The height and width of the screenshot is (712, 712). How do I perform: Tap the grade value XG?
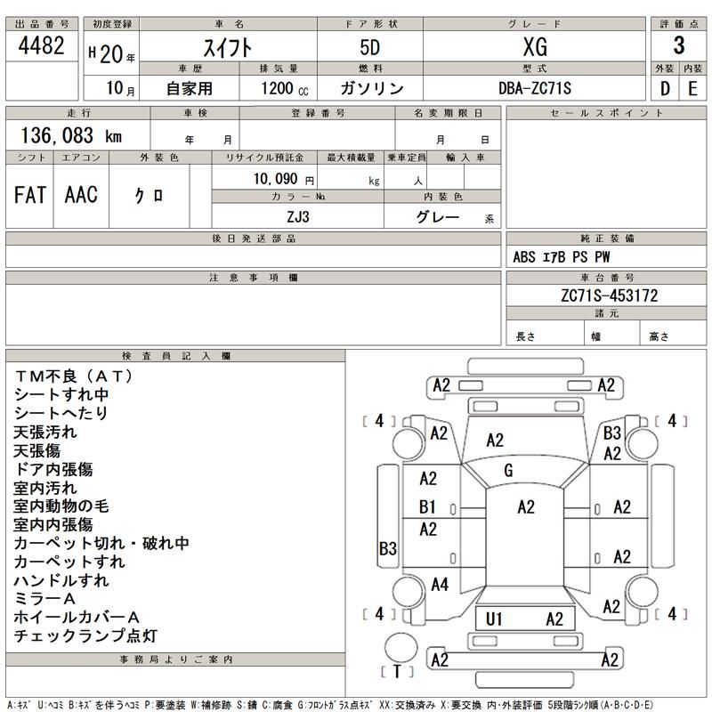pyautogui.click(x=534, y=48)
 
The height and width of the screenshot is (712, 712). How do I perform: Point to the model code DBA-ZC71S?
pyautogui.click(x=534, y=87)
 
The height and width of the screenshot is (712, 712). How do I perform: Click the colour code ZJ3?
pyautogui.click(x=298, y=215)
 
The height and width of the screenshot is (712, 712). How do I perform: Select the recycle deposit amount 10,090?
pyautogui.click(x=278, y=178)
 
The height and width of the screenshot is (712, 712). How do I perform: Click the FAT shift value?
pyautogui.click(x=30, y=196)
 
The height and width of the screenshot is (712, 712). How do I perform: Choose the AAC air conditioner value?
pyautogui.click(x=81, y=196)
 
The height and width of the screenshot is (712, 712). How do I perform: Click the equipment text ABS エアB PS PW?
pyautogui.click(x=562, y=256)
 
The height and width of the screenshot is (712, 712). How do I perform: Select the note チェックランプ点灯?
pyautogui.click(x=85, y=635)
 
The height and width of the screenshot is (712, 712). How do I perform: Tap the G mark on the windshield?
pyautogui.click(x=508, y=469)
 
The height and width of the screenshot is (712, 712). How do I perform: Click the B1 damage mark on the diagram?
pyautogui.click(x=428, y=507)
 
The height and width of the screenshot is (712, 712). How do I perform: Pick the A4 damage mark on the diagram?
pyautogui.click(x=440, y=585)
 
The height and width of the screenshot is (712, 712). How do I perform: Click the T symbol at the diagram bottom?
pyautogui.click(x=398, y=670)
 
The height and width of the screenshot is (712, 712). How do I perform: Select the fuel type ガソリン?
pyautogui.click(x=372, y=87)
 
